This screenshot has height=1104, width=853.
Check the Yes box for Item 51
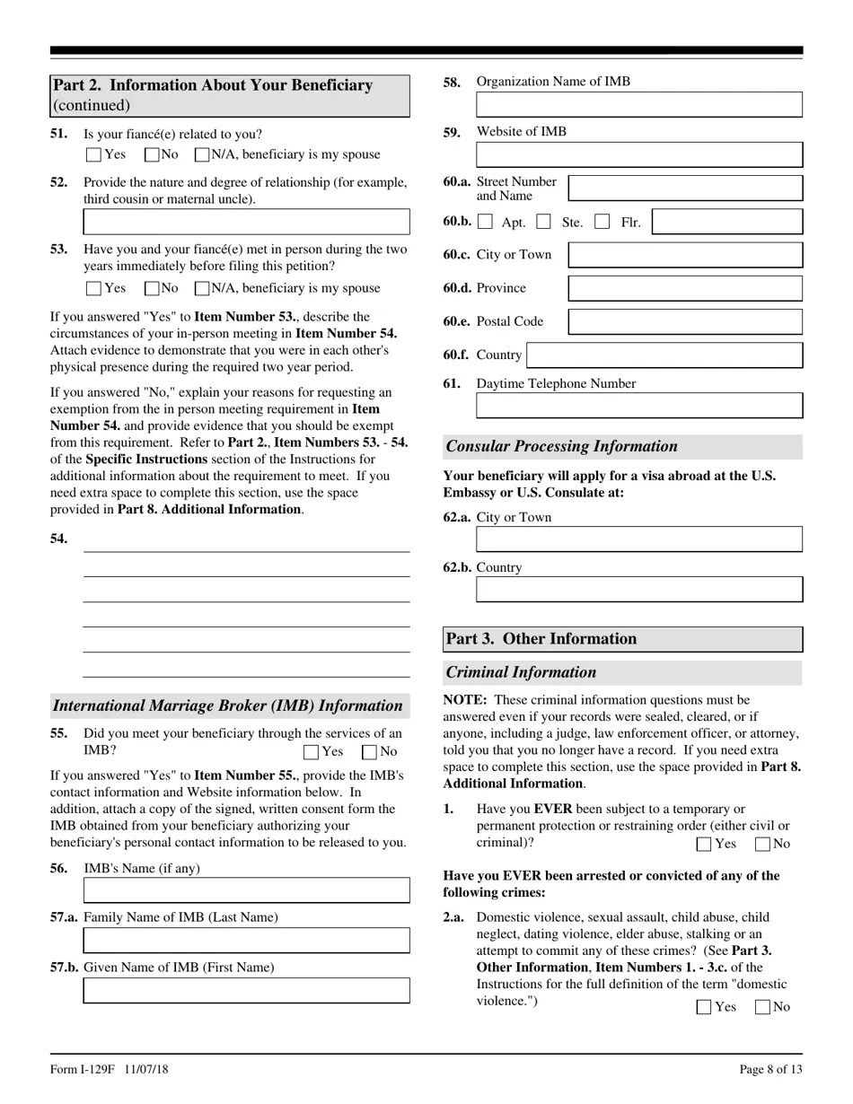[x=94, y=154]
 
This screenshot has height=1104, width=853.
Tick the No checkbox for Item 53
[x=152, y=288]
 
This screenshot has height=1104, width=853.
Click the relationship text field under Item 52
[x=246, y=222]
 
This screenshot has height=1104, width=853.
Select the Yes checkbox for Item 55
[x=312, y=751]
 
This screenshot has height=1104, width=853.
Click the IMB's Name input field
[x=246, y=890]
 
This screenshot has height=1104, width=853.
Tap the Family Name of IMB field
[x=246, y=940]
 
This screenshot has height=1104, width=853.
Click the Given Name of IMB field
[x=246, y=990]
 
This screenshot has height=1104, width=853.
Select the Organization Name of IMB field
[x=638, y=104]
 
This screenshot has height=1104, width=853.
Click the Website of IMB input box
[x=638, y=154]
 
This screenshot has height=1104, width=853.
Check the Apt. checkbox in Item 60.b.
[x=486, y=222]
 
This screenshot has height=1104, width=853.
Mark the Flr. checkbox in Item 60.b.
[x=603, y=222]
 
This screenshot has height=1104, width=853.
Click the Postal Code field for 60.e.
[x=685, y=321]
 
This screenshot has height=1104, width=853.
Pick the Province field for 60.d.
[x=685, y=288]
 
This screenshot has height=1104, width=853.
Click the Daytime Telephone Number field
[x=638, y=406]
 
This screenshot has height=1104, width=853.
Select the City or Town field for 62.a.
[x=638, y=539]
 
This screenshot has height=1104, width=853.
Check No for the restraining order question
[x=763, y=844]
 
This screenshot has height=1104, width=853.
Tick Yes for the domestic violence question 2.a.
[x=705, y=1007]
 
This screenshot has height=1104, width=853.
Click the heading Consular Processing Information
[x=562, y=447]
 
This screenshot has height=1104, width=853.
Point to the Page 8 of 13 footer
[x=770, y=1069]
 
